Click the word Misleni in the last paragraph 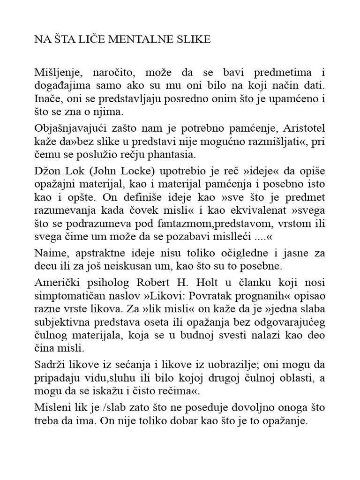[x=52, y=408]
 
